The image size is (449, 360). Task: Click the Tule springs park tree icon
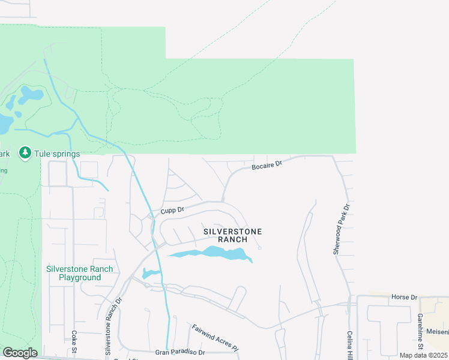click(25, 153)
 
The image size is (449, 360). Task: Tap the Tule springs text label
click(57, 154)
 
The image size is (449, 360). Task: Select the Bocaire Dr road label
click(267, 164)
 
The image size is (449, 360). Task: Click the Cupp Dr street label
click(172, 211)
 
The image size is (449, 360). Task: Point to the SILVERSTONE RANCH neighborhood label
click(232, 235)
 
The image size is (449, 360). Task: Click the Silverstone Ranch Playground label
click(80, 273)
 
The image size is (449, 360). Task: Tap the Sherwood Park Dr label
click(340, 229)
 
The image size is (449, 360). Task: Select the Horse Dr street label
click(403, 297)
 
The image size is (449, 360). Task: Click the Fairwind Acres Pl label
click(215, 337)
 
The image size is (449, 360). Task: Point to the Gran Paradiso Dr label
click(180, 352)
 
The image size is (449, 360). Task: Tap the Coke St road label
click(74, 343)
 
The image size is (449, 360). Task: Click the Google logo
click(20, 353)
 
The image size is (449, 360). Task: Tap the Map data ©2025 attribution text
click(423, 355)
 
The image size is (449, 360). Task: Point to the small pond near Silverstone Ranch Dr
click(151, 274)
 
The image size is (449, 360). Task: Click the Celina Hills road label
click(349, 343)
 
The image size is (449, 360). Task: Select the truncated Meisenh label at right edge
click(437, 331)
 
